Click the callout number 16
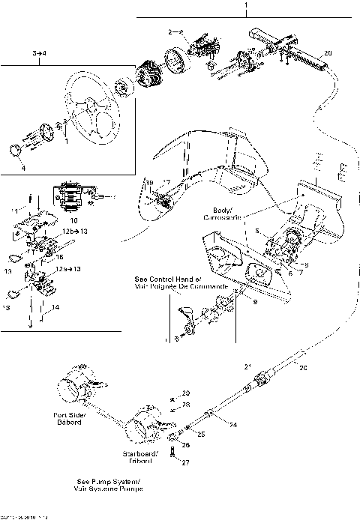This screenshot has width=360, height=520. click(59, 256)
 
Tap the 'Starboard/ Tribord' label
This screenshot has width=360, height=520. click(140, 457)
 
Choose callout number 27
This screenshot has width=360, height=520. click(186, 463)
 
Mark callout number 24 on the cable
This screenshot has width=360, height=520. click(233, 425)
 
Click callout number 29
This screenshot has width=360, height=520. click(186, 393)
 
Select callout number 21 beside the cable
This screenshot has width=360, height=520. click(248, 366)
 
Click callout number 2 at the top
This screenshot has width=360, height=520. click(172, 31)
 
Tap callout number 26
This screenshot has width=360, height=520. click(186, 445)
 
